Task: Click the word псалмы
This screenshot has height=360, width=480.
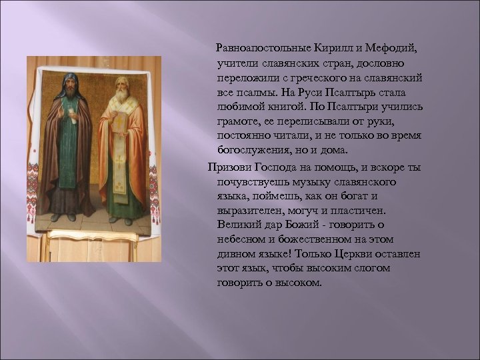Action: tap(253, 91)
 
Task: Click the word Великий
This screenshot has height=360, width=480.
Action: tap(238, 225)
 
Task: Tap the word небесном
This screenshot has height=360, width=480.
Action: tap(243, 239)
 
